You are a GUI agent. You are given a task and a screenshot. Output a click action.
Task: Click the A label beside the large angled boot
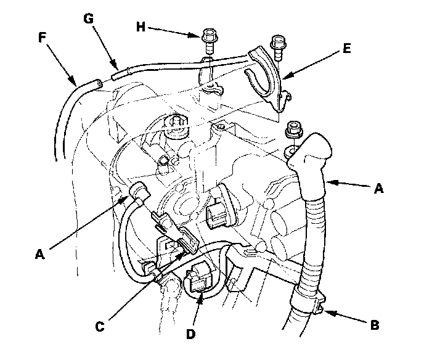click(x=379, y=190)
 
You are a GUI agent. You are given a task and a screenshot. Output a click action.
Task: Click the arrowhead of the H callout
click(x=196, y=35)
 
